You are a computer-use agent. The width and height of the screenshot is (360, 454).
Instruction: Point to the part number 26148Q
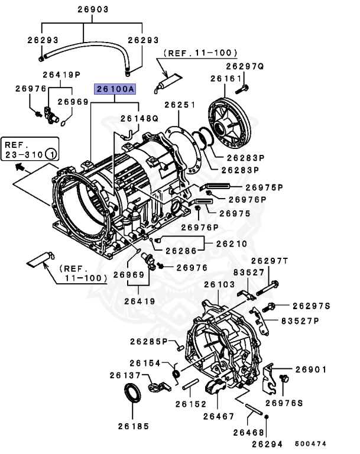coord(140,118)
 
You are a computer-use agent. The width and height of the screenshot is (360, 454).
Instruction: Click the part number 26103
coord(219,284)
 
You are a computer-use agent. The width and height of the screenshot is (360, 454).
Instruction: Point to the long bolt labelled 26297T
coord(268,288)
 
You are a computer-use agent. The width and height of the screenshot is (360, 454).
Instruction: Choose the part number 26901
coord(311,369)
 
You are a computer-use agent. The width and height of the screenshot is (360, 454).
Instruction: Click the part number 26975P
coord(264,187)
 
